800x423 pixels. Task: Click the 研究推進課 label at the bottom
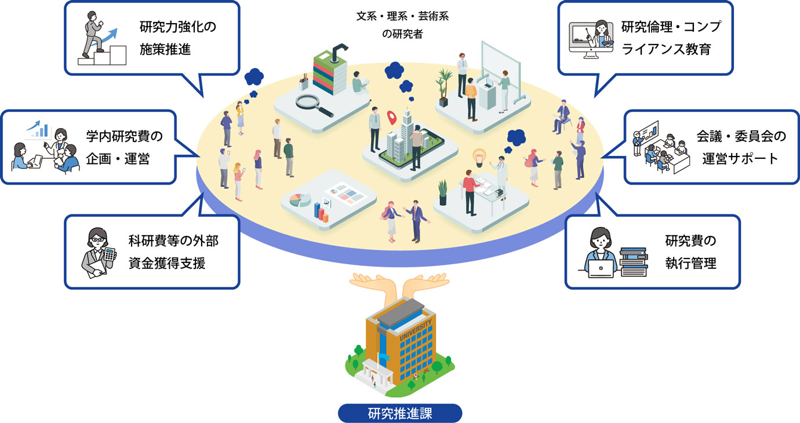(x=400, y=414)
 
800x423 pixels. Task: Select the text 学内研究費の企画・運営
(x=123, y=147)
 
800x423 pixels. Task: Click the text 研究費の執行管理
(x=690, y=252)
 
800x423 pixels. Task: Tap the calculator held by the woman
(x=108, y=255)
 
